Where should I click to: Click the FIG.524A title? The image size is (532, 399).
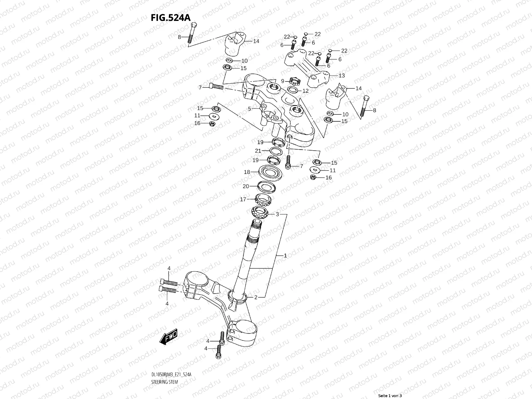tap(171, 18)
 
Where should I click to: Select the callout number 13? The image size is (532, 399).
tap(341, 76)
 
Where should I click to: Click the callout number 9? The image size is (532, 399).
tap(282, 81)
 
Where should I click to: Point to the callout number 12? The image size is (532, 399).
tap(306, 90)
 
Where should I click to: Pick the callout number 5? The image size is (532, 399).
tap(249, 108)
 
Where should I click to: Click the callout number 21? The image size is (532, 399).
tap(258, 151)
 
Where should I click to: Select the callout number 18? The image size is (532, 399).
tap(247, 172)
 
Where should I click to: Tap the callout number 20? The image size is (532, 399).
tap(246, 187)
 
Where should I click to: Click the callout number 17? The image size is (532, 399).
tap(243, 199)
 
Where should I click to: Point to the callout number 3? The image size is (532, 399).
tap(277, 214)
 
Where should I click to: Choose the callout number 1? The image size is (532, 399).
tap(285, 256)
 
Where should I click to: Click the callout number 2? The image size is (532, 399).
tap(256, 298)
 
